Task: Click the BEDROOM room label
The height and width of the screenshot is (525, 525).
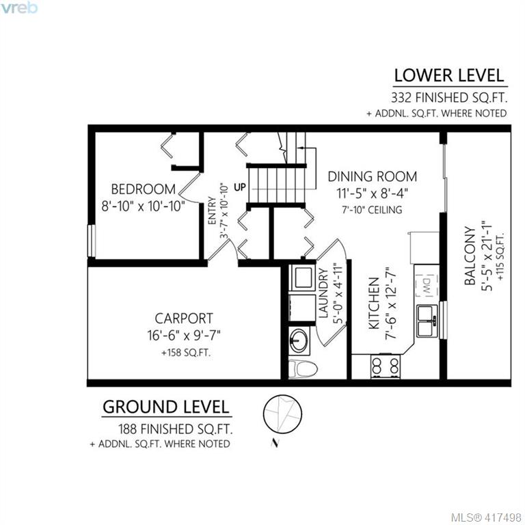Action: pyautogui.click(x=144, y=189)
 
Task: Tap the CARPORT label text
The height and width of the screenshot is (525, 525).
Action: pyautogui.click(x=184, y=318)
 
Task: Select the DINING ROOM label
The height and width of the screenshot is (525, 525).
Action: pyautogui.click(x=373, y=176)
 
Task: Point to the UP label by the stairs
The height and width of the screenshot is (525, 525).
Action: pyautogui.click(x=240, y=187)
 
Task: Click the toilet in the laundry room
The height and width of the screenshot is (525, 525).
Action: pyautogui.click(x=302, y=369)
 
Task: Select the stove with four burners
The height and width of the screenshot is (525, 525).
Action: pyautogui.click(x=386, y=366)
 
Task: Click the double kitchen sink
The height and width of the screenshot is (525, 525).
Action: pyautogui.click(x=427, y=321)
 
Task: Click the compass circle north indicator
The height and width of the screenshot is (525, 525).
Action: pyautogui.click(x=282, y=414)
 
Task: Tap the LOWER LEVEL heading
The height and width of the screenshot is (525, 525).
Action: pyautogui.click(x=449, y=76)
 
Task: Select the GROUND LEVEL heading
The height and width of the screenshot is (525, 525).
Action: pyautogui.click(x=166, y=407)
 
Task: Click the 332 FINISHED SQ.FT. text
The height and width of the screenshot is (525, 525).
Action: pyautogui.click(x=449, y=98)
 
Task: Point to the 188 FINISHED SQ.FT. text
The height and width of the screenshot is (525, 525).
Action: pyautogui.click(x=176, y=429)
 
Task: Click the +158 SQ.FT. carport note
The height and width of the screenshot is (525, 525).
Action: pyautogui.click(x=186, y=353)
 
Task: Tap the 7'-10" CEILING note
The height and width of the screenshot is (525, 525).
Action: pyautogui.click(x=372, y=210)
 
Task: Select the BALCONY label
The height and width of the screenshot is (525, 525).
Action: pyautogui.click(x=470, y=256)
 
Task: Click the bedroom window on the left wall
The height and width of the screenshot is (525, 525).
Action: pyautogui.click(x=91, y=241)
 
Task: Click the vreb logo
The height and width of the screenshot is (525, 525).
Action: pyautogui.click(x=18, y=8)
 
